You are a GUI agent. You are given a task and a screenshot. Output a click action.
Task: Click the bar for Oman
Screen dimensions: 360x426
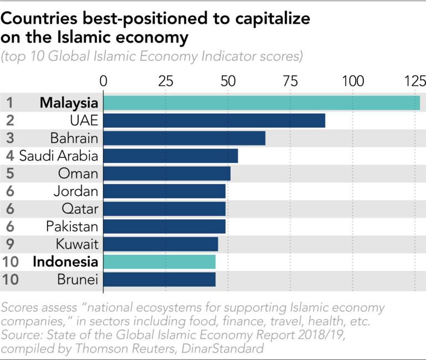pyautogui.click(x=167, y=174)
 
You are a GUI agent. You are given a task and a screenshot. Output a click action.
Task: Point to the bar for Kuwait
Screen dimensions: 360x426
pyautogui.click(x=160, y=244)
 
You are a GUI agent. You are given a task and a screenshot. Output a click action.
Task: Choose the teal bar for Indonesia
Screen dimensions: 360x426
pyautogui.click(x=159, y=262)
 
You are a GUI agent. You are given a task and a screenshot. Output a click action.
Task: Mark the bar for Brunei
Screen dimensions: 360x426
pyautogui.click(x=159, y=280)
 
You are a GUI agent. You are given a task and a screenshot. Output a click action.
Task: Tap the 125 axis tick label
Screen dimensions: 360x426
pyautogui.click(x=414, y=81)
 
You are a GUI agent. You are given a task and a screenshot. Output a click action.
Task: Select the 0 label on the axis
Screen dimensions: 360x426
pyautogui.click(x=103, y=81)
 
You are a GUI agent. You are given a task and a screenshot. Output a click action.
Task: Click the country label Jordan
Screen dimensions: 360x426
pyautogui.click(x=76, y=192)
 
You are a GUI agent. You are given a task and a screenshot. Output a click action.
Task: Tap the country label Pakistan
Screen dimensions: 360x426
pyautogui.click(x=72, y=227)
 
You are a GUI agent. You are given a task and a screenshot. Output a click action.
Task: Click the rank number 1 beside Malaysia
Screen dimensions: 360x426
pyautogui.click(x=9, y=103)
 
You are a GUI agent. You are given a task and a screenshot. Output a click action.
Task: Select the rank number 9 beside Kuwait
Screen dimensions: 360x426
pyautogui.click(x=9, y=244)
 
